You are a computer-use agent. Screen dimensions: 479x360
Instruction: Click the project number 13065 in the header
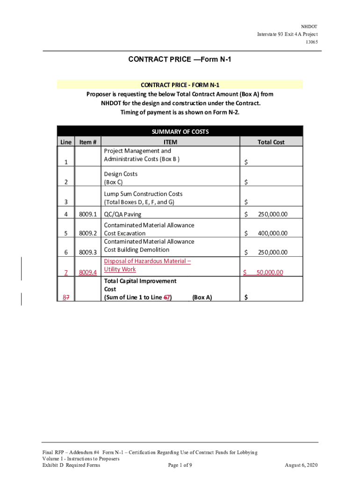point(311,42)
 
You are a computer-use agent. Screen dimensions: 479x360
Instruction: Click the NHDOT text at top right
point(310,27)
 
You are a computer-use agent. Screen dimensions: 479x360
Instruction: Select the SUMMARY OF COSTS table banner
point(180,131)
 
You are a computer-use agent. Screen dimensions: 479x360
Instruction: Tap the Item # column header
point(88,142)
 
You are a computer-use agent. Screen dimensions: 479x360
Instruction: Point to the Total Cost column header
point(271,142)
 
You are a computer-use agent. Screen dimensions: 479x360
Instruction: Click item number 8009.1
point(88,214)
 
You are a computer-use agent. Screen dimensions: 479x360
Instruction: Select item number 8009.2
point(88,233)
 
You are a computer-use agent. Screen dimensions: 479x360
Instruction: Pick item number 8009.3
point(88,252)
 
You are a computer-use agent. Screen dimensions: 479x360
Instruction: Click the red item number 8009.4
point(88,272)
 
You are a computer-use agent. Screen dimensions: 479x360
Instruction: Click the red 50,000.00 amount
point(270,272)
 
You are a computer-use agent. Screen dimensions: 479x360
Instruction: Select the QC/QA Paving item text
point(122,214)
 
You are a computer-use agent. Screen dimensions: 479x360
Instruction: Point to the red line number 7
point(66,272)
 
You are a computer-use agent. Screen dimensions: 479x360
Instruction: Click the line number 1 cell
point(66,162)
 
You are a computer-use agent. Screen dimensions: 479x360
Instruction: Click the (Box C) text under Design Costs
point(113,182)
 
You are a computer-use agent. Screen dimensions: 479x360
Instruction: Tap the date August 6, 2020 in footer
point(301,465)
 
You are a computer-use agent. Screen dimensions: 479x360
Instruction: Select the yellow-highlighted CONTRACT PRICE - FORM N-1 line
point(180,85)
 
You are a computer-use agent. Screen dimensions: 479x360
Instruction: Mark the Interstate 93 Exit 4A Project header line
point(287,34)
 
